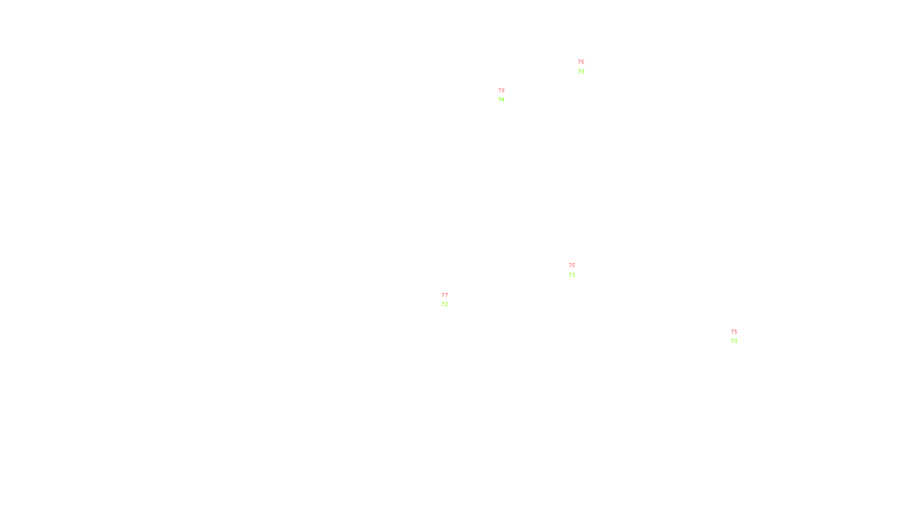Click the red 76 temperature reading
pos(581,62)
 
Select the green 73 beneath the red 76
pos(581,72)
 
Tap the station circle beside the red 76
pos(586,68)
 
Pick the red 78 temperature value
pos(501,91)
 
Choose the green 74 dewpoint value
pos(501,100)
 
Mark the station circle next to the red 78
pos(507,95)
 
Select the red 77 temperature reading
pos(445,295)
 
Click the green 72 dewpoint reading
pos(445,304)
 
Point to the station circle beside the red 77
pos(450,300)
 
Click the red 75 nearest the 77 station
pos(572,265)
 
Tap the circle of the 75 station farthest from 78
pos(739,337)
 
